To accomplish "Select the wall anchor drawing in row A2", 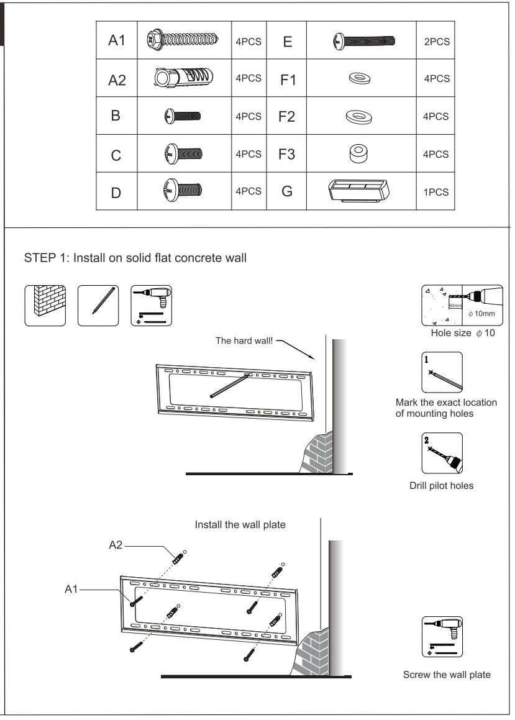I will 181,79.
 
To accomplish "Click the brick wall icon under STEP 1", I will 45,306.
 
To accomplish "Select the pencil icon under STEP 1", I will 98,306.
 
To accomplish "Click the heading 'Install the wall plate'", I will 240,525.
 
